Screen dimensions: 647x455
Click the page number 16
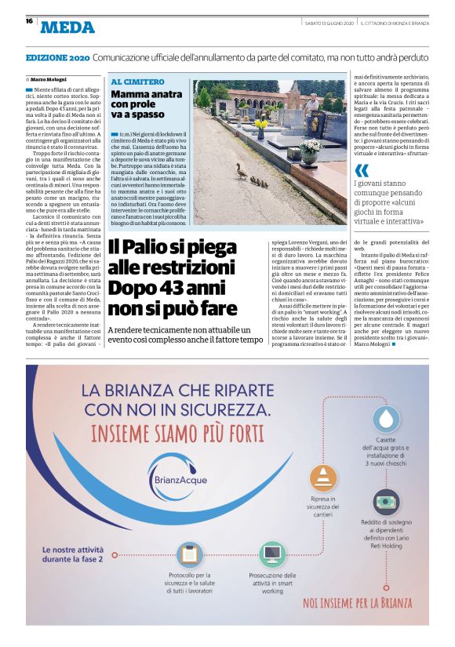(28, 21)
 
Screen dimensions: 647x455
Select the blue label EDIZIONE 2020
(57, 59)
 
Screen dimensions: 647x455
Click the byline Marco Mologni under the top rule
(49, 80)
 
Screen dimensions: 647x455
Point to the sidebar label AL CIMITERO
(137, 82)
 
